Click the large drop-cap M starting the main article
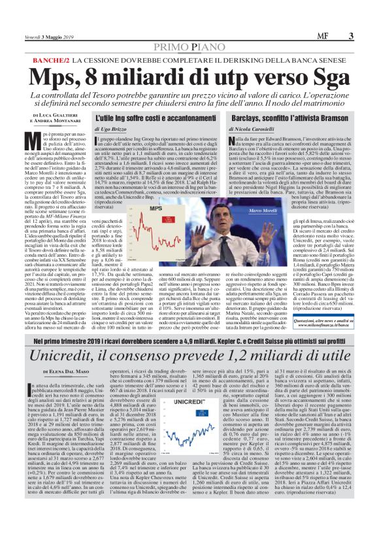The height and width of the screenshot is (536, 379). [37, 137]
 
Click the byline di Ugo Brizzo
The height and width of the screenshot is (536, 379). [112, 129]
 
